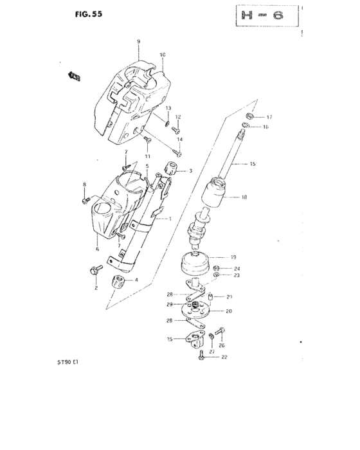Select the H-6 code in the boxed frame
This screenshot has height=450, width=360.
point(260,15)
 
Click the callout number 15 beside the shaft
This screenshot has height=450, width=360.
point(253,165)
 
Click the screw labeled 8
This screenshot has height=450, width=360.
point(86,201)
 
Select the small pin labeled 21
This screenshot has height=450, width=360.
point(210,296)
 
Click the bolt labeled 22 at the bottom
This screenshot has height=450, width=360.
point(203,355)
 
